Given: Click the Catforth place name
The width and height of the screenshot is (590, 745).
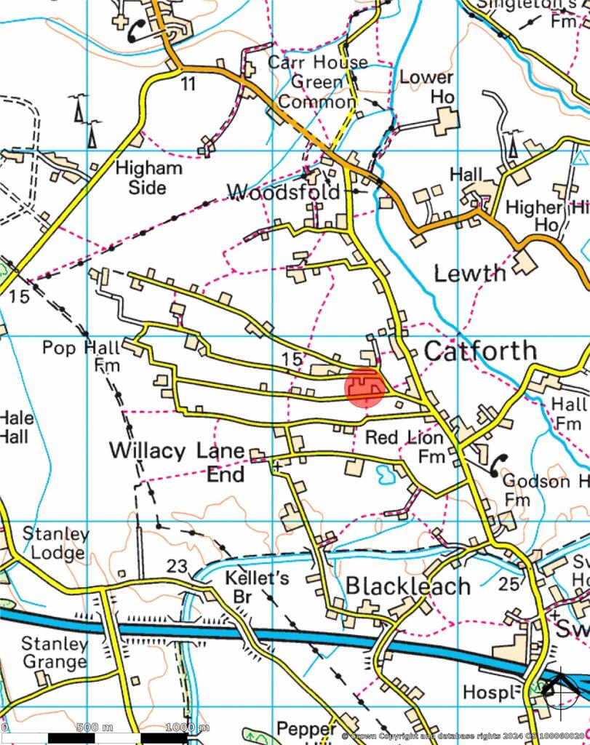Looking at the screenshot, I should click(x=480, y=351).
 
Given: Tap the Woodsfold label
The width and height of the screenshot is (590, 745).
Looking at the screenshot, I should click(x=283, y=192).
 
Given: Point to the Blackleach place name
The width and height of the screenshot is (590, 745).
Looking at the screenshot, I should click(x=407, y=586).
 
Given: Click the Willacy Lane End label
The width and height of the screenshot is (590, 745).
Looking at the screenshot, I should click(x=177, y=462).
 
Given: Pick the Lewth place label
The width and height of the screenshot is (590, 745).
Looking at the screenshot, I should click(x=469, y=274).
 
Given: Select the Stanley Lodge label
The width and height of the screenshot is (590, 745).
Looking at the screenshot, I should click(x=55, y=543).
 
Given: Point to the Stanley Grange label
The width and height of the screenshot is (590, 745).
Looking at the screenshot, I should click(x=54, y=653).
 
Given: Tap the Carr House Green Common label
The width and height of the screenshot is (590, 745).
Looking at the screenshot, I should click(x=317, y=81).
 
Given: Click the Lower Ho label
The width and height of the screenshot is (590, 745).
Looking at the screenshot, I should click(x=427, y=87).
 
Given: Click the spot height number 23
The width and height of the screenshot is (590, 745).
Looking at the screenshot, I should click(x=177, y=566).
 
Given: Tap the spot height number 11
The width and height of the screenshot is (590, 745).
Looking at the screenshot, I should click(x=188, y=84).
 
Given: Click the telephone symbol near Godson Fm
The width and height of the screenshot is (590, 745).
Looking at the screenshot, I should click(x=498, y=464).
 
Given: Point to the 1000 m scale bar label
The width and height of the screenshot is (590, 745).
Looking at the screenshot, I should click(x=187, y=728).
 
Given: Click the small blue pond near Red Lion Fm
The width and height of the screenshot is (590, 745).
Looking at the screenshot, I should click(x=383, y=475).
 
